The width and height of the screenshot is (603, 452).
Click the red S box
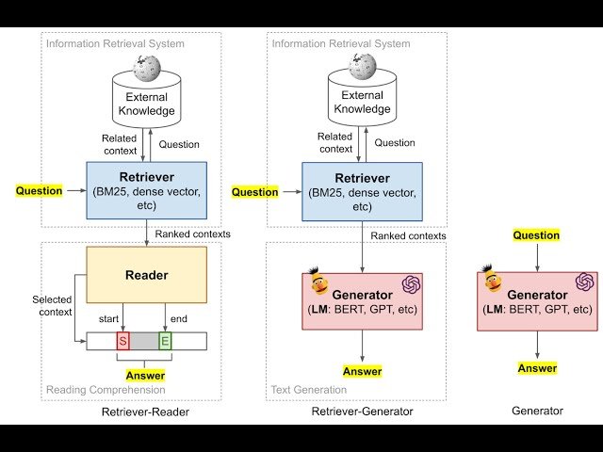[x=122, y=340]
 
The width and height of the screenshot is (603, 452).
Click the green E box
[x=165, y=340]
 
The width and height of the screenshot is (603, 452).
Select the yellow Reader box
[x=146, y=275]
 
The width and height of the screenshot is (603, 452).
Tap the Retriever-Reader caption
[x=146, y=412]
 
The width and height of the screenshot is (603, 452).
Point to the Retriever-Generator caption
[x=362, y=412]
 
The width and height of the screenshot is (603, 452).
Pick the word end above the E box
[x=178, y=318]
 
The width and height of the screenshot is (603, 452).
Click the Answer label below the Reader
[x=145, y=376]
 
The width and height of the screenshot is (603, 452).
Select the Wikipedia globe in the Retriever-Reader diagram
[x=146, y=68]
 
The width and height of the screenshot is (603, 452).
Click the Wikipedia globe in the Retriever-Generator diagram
[x=362, y=68]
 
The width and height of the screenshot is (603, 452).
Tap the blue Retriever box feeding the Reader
[x=146, y=191]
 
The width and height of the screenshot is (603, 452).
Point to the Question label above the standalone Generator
[x=536, y=235]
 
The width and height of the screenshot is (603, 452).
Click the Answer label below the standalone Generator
[x=537, y=368]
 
